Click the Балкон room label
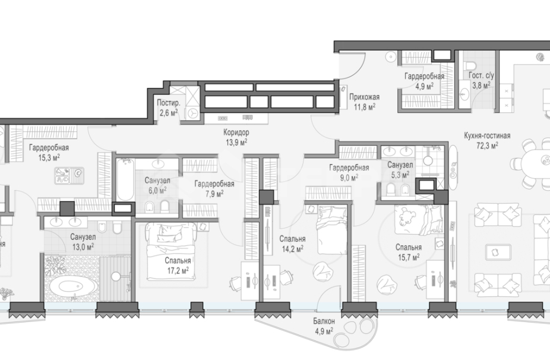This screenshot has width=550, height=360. coord(324,321)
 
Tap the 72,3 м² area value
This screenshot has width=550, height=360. coord(487,145)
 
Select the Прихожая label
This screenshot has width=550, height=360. coord(364,97)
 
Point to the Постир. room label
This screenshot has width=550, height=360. coord(168,103)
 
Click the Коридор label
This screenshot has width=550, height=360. coord(236,132)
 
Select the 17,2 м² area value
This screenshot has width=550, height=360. coord(178,270)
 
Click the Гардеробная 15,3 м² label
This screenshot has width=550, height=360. coord(49,153)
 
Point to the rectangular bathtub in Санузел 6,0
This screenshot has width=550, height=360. coord(125,180)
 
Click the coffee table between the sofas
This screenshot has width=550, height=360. coord(495,252)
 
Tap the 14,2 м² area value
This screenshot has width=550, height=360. coord(293,249)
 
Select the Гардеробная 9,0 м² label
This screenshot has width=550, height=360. coord(349,173)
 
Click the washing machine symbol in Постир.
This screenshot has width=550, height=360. coord(193,113)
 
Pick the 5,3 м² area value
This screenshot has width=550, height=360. coord(400,175)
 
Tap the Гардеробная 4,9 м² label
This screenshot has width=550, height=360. coord(425,81)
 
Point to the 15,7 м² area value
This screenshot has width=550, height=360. coord(409,257)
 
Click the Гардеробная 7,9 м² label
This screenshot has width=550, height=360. coord(214,188)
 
